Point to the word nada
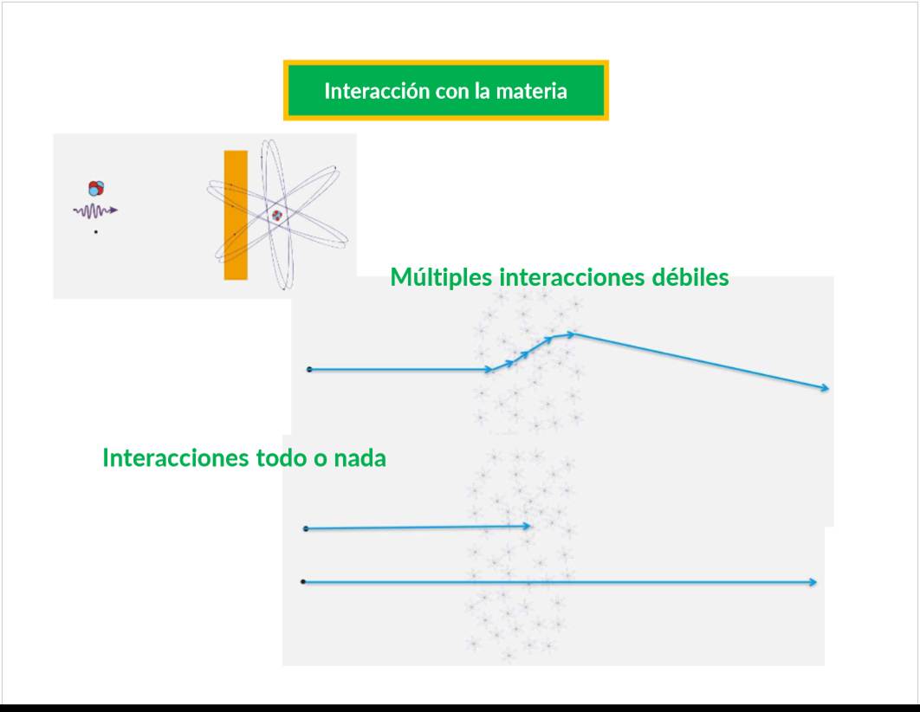coord(360,458)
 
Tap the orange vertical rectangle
coord(236,215)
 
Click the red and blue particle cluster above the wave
coord(96,188)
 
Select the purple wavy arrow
coord(95,210)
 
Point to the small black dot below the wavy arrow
coord(95,232)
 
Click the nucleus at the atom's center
coord(276,216)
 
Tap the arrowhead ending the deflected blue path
coord(825,387)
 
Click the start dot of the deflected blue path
coord(309,370)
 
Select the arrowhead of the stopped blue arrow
coord(527,526)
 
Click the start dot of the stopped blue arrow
coord(306,529)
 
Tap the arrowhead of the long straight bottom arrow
coord(812,582)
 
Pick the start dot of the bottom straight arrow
coord(302,582)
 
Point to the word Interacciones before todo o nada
coord(176,457)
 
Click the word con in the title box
coord(453,92)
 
